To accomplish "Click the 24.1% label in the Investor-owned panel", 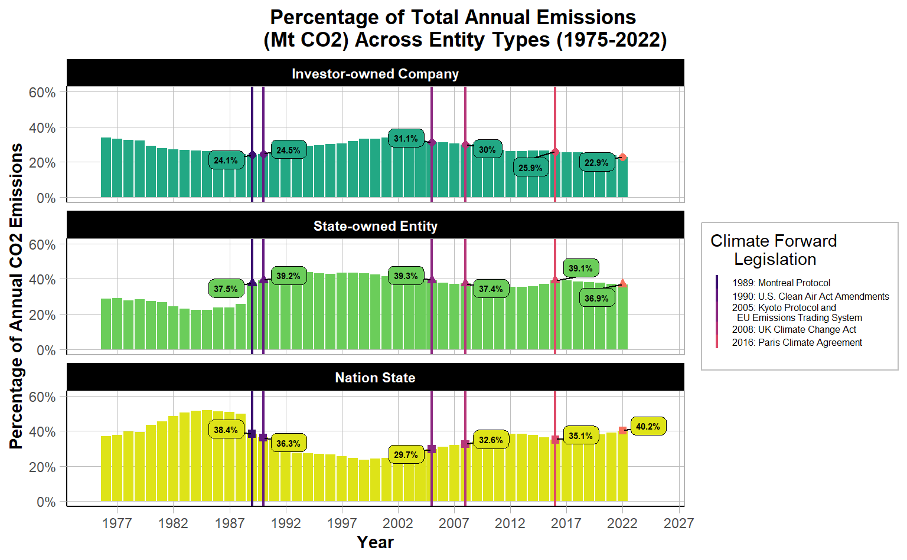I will pos(226,161).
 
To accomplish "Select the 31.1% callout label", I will pos(406,139).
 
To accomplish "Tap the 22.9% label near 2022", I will pos(596,163).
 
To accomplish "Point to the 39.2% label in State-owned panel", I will pos(288,276).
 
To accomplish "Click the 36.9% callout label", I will pos(596,299).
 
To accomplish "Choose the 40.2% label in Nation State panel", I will pos(648,427).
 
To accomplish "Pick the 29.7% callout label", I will pos(406,455).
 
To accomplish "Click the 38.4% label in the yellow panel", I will pos(226,430).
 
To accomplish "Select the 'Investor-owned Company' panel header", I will pos(375,74).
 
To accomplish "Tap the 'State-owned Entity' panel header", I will pos(375,226).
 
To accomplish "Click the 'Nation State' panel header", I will pos(375,378).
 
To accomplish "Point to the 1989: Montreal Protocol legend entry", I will pos(781,283).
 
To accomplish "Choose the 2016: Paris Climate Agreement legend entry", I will pos(797,343).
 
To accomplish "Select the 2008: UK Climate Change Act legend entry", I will pos(794,330).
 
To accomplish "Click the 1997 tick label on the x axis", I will pos(342,523).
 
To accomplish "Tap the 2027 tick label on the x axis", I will pos(678,523).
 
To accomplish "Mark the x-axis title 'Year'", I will pos(375,542).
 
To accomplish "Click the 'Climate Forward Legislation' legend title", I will pos(774,250).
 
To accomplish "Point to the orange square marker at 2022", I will pos(622,431).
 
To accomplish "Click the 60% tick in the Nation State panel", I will pos(42,397).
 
